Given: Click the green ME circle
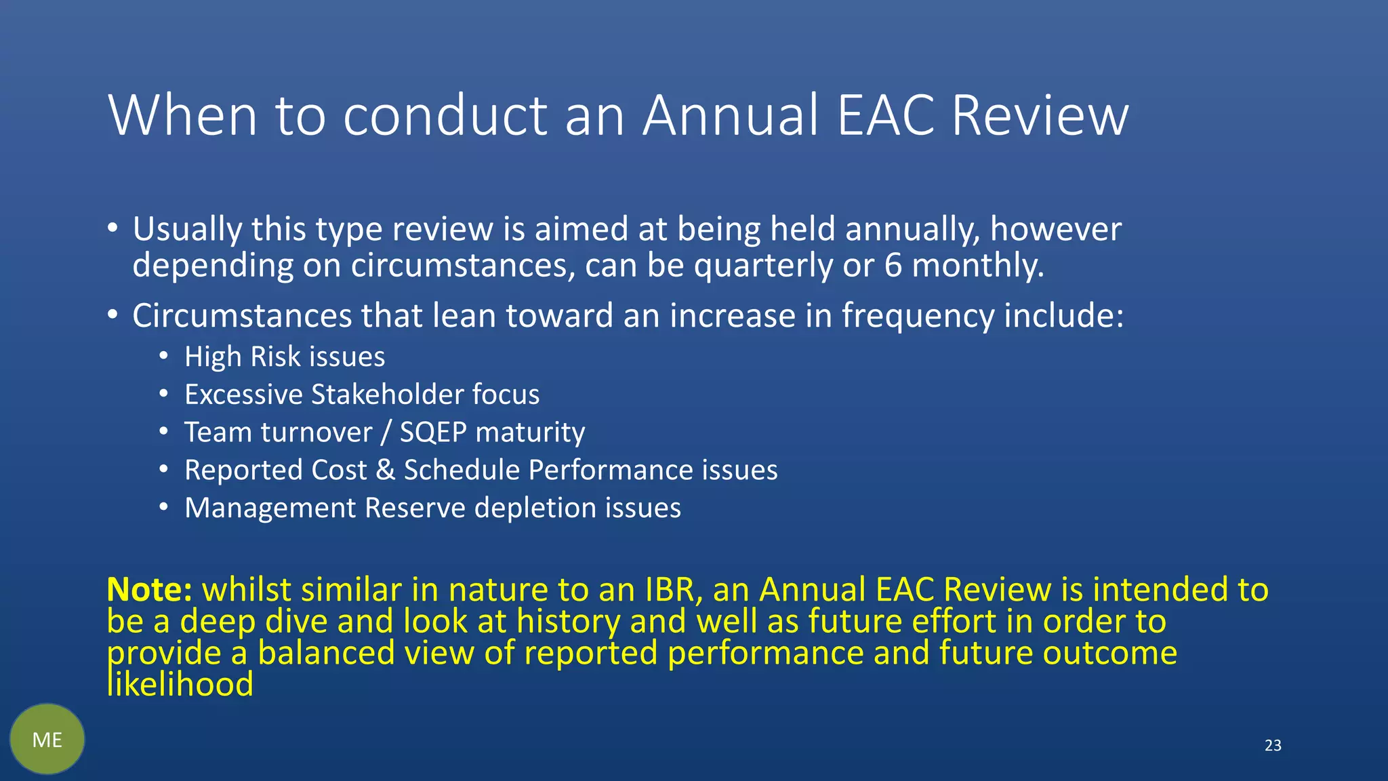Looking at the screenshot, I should pyautogui.click(x=47, y=739).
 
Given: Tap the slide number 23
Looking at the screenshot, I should pyautogui.click(x=1273, y=746).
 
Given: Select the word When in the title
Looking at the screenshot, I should pyautogui.click(x=183, y=115).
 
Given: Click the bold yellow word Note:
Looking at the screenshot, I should pyautogui.click(x=150, y=589).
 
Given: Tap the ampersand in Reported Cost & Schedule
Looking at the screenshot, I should pyautogui.click(x=385, y=470).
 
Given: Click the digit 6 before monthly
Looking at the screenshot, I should pyautogui.click(x=893, y=265).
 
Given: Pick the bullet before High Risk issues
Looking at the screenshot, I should pyautogui.click(x=163, y=355).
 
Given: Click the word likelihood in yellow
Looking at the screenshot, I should pyautogui.click(x=180, y=684).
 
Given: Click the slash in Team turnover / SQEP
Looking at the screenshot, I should pyautogui.click(x=386, y=433).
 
